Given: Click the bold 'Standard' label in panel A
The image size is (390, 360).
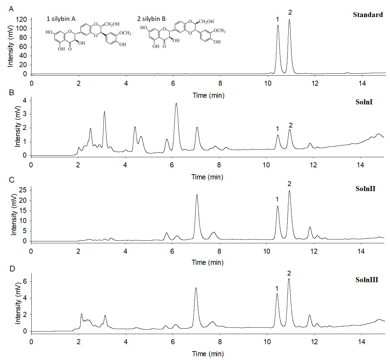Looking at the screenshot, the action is point(368,15).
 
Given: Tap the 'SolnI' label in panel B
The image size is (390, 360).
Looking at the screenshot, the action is point(364,102).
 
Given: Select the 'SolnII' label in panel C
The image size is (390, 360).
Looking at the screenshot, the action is point(365,189).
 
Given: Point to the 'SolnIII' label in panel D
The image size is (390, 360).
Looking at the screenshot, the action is point(367,280).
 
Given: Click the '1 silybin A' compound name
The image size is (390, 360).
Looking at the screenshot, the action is point(61,19).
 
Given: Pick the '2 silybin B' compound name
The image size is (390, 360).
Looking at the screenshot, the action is point(151,19).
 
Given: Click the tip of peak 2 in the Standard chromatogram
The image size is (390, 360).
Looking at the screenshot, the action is point(289,20).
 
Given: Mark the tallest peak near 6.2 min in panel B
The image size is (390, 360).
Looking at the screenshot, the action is point(176,103).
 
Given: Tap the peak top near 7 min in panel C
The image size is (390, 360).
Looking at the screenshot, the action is point(197,195).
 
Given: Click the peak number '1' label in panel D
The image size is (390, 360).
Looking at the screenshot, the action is point(277,289).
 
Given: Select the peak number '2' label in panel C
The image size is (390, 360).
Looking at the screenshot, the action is point(289,183).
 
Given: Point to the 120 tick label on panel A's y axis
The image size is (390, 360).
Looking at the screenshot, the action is point(21,20).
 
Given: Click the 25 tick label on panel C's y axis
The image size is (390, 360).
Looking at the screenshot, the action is point(22,190).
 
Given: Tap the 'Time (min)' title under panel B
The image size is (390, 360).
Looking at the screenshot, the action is point(207,177).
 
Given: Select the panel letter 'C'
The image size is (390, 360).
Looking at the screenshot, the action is point(12,179).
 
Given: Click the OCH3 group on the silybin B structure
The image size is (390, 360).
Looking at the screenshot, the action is point(219,31).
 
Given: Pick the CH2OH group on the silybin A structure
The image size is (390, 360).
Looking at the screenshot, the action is point(112,24).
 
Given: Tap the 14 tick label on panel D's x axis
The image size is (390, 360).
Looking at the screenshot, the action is point(362,342).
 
